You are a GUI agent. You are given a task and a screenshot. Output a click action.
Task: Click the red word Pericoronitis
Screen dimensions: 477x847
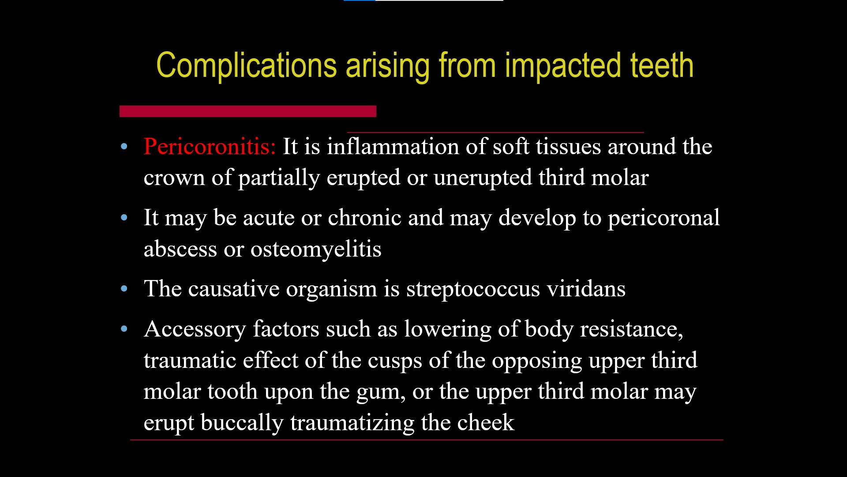pyautogui.click(x=210, y=146)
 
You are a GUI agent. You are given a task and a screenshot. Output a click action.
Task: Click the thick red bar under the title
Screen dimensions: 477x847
pyautogui.click(x=247, y=111)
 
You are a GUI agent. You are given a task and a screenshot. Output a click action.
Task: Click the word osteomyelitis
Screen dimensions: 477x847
pyautogui.click(x=316, y=250)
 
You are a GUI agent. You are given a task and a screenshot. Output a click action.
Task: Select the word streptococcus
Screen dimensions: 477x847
pyautogui.click(x=473, y=289)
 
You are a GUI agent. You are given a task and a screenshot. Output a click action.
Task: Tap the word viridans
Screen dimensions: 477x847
pyautogui.click(x=586, y=289)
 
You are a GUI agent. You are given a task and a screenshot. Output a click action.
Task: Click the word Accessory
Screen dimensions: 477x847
pyautogui.click(x=195, y=329)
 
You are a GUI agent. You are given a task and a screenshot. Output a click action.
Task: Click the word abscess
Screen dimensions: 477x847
pyautogui.click(x=180, y=250)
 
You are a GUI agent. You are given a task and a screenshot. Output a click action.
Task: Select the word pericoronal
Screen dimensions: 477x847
pyautogui.click(x=664, y=218)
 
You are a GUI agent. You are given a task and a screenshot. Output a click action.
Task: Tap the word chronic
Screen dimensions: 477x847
pyautogui.click(x=364, y=218)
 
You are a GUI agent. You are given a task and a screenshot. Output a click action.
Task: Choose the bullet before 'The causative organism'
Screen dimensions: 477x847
pyautogui.click(x=124, y=289)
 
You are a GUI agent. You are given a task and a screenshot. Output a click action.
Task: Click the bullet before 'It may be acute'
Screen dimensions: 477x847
pyautogui.click(x=124, y=218)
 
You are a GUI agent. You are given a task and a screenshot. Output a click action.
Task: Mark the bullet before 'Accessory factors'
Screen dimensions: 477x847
pyautogui.click(x=124, y=329)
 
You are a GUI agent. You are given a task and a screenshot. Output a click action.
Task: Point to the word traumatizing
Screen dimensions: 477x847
pyautogui.click(x=352, y=423)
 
